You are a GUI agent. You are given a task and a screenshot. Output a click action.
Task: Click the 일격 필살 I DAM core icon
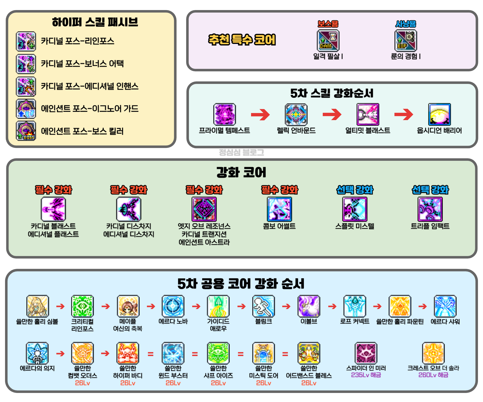pos(328,40)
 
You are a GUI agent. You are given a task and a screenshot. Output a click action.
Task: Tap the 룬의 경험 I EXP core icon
pos(406,40)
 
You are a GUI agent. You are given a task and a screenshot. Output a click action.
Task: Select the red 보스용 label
pos(328,24)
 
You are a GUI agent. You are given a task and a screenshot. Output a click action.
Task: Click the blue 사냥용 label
pos(406,24)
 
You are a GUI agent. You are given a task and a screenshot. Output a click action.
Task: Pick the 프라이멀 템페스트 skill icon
pos(224,114)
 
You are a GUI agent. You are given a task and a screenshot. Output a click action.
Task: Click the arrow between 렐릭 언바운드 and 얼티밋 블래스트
pos(332,115)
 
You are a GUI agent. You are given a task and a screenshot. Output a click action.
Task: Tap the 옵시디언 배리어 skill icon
pos(439,114)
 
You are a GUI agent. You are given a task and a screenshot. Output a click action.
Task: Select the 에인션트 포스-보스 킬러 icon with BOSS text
pos(26,131)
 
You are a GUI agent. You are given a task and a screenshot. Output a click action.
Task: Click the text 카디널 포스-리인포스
pos(77,41)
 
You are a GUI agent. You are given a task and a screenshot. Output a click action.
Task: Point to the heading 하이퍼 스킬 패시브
pos(95,22)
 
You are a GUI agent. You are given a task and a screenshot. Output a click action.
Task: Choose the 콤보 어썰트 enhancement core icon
pos(279,209)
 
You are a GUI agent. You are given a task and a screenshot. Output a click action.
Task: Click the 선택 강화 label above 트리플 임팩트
pos(430,190)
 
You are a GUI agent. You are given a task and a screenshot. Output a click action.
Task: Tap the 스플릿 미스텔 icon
pos(355,209)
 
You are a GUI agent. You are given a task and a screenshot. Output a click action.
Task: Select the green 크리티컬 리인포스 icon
pos(82,306)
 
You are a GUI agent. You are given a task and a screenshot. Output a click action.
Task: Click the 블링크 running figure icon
pos(263,306)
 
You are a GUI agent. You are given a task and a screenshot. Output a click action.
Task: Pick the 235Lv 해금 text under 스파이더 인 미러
pos(366,375)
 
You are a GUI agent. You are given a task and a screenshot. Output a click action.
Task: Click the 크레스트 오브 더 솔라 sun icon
pos(433,353)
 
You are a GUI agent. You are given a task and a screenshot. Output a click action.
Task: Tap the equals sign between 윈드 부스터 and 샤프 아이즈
pos(195,354)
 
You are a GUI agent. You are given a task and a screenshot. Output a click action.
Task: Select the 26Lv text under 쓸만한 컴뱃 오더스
pos(82,383)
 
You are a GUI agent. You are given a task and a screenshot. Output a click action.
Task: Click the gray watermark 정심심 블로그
pos(241,152)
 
